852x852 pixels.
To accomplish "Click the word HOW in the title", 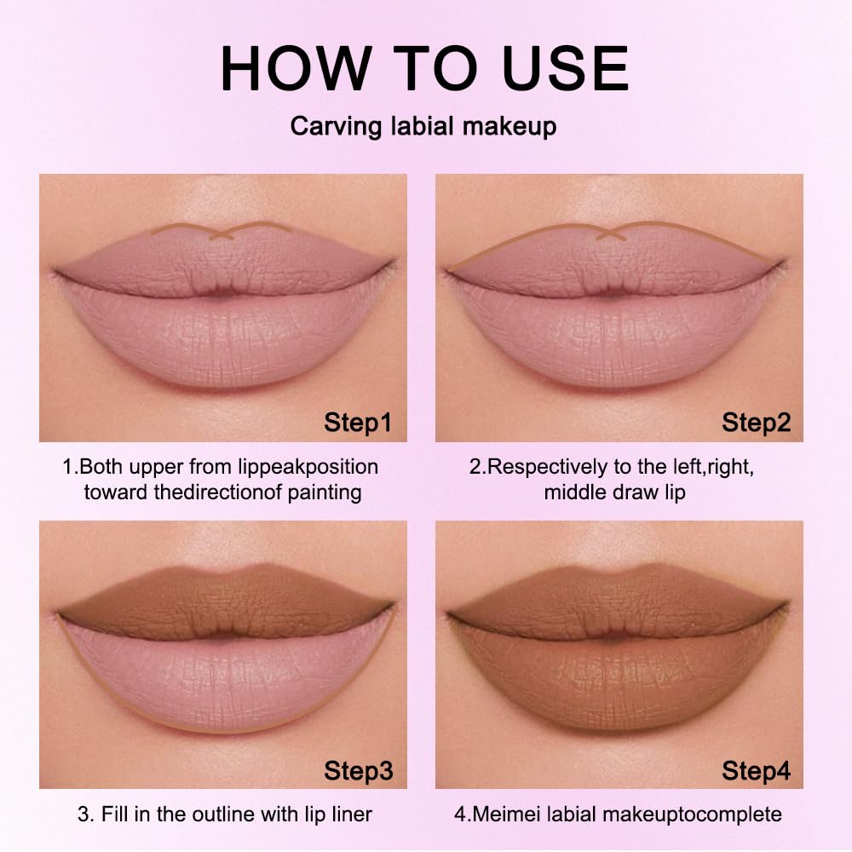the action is point(296,68).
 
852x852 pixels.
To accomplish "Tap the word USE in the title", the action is point(566,68).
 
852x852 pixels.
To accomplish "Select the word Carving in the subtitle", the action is point(336,127).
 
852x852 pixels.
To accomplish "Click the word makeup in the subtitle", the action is point(509,127).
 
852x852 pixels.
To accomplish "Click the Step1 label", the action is point(358,423).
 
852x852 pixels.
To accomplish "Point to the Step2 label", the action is point(756,423).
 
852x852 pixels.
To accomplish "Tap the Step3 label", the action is point(358,770).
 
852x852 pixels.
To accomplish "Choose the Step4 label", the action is point(756,770).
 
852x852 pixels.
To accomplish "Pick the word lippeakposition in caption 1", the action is point(308,467).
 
